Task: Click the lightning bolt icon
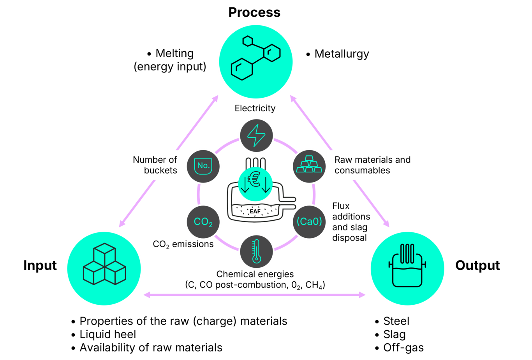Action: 256,135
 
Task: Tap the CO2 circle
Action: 203,222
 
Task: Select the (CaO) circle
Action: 310,222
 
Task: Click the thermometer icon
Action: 256,252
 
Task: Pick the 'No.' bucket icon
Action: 203,166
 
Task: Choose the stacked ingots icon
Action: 309,165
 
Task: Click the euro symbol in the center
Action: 255,179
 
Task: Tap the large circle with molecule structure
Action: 256,61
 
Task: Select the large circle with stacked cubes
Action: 104,268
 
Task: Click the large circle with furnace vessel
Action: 407,268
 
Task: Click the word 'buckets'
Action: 160,170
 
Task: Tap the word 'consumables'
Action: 362,170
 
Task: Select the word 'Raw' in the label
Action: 343,160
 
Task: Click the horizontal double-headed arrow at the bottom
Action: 255,295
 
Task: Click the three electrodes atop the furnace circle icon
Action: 407,253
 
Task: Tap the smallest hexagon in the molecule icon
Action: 248,40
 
